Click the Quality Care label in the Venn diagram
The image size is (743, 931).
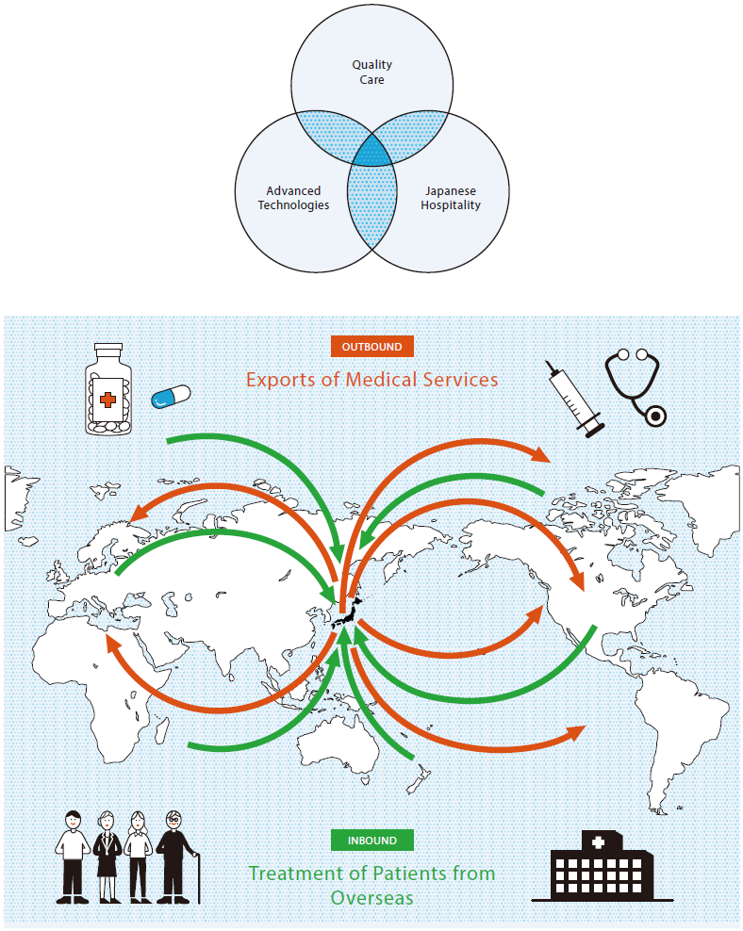coord(371,73)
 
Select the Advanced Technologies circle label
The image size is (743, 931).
coord(293,198)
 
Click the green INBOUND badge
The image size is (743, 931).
coord(371,840)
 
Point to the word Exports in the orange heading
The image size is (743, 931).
coord(280,380)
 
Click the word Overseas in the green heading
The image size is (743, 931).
coord(371,897)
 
